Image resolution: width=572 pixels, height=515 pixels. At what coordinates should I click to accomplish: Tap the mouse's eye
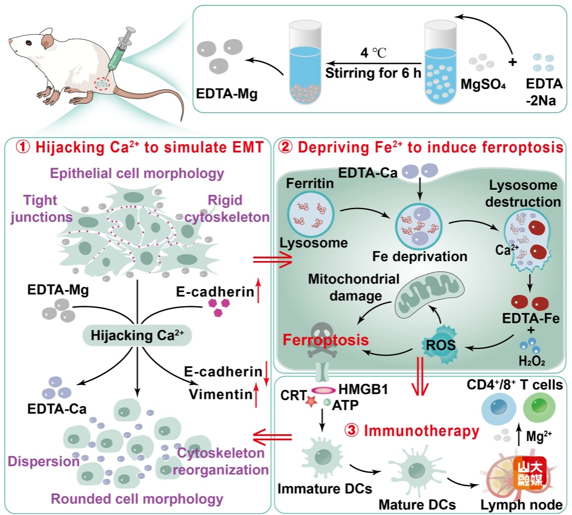[x=29, y=43]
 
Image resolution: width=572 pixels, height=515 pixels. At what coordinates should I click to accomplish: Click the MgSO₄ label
[x=483, y=84]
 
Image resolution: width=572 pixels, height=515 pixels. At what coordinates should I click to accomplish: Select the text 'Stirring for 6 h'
[x=373, y=73]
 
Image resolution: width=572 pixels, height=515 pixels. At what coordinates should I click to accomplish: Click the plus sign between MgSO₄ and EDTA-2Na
[x=512, y=62]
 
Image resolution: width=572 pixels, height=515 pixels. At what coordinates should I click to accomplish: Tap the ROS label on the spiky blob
[x=440, y=345]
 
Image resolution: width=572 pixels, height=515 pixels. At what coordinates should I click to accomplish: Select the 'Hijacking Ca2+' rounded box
[x=137, y=336]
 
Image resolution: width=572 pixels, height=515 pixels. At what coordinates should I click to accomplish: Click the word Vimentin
[x=220, y=394]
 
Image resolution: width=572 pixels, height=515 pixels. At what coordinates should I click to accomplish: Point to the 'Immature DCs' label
[x=325, y=488]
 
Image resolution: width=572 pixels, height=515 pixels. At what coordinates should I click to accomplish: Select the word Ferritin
[x=310, y=183]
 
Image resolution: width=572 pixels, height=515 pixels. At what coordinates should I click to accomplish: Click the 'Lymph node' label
[x=521, y=505]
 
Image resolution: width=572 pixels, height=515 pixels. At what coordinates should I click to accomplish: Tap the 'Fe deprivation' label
[x=419, y=256]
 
